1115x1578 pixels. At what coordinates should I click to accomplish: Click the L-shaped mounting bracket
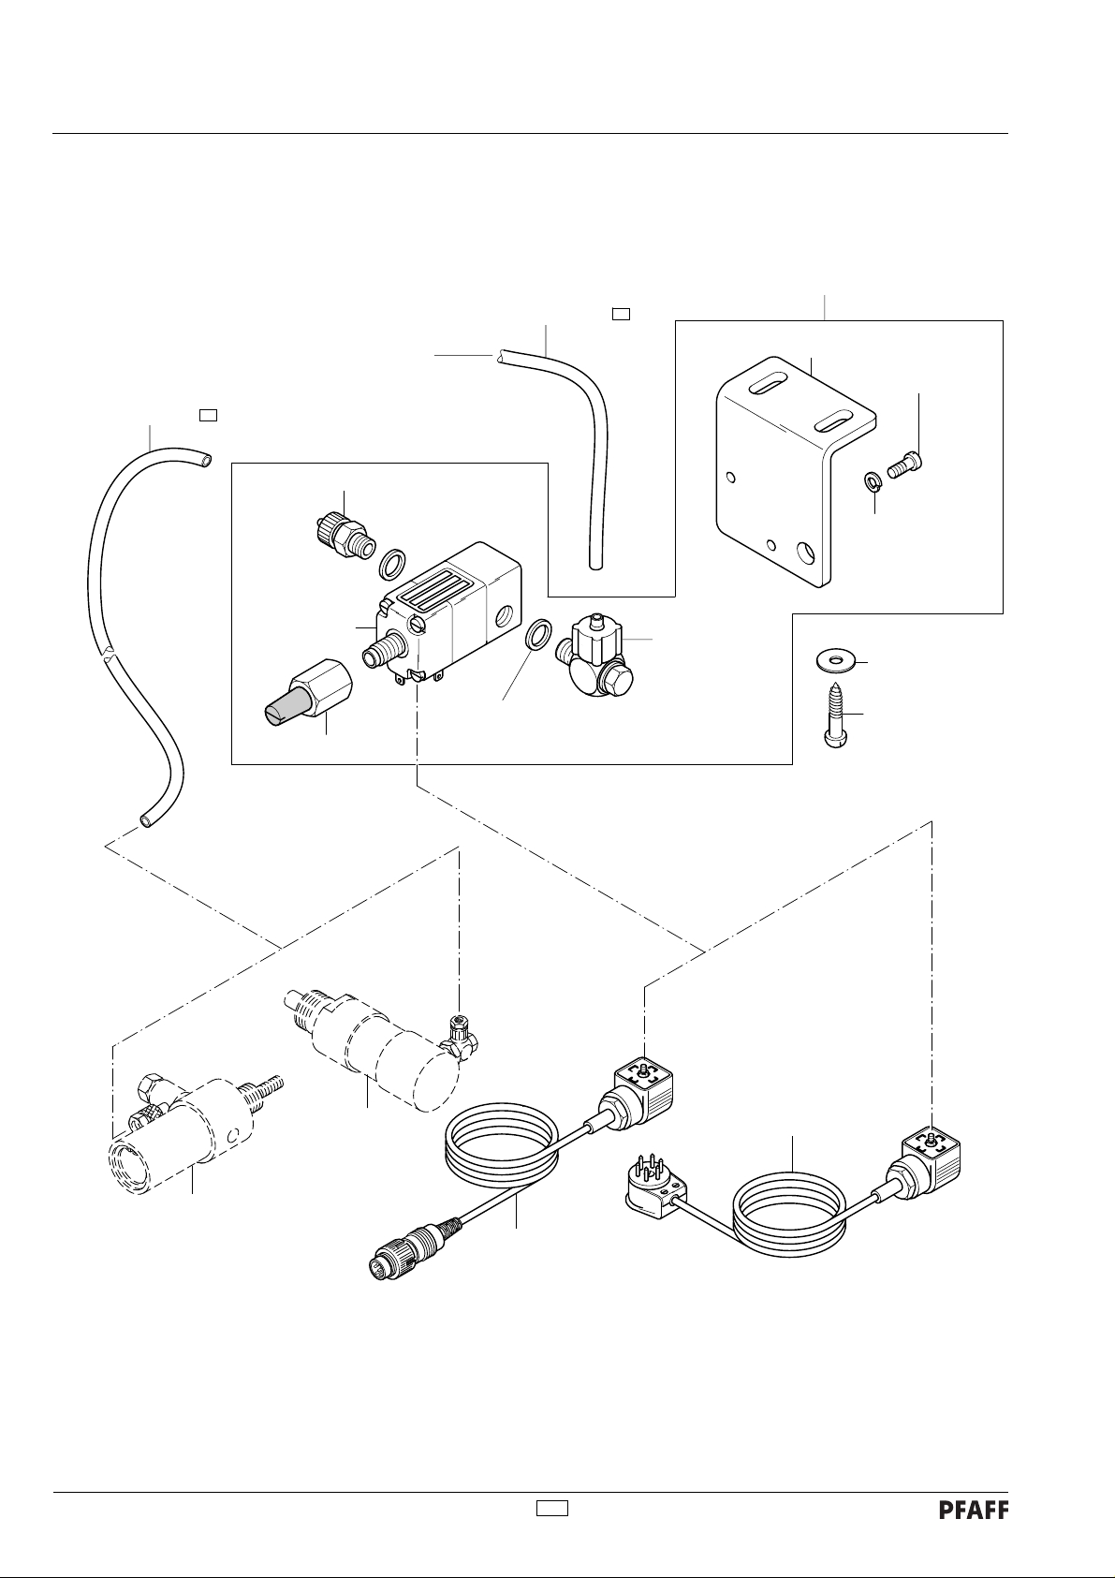point(796,471)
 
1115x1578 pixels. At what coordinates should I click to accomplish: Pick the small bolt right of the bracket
point(906,463)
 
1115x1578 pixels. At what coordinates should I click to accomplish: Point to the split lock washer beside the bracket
point(873,482)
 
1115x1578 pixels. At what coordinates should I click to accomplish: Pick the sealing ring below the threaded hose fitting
point(392,564)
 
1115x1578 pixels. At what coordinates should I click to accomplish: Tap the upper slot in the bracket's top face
point(770,387)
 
